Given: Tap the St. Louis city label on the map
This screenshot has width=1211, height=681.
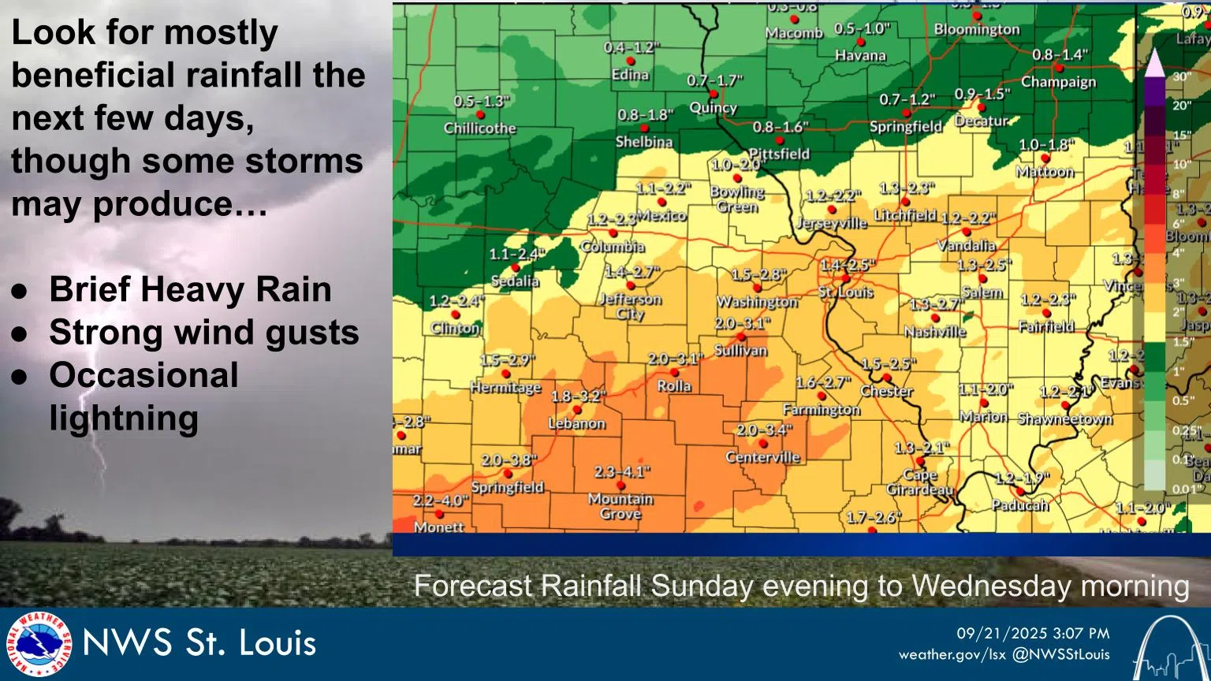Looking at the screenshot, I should point(845,292).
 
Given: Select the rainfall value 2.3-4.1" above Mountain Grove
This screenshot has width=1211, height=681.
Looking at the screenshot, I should point(622,472).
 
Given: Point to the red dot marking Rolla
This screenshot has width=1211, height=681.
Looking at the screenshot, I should point(675,373).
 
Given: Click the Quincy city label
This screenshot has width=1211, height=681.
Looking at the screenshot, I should point(713,108).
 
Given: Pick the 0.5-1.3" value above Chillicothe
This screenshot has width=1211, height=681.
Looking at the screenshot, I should point(481,102).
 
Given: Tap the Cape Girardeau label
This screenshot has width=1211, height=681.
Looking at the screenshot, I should point(919,482).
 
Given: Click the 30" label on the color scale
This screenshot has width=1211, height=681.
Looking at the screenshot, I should point(1181,76).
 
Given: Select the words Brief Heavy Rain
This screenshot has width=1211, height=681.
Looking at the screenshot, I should point(190,289).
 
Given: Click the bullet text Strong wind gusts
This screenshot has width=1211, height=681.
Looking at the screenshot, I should point(203,332).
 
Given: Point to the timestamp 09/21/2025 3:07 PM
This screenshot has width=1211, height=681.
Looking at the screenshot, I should point(1033,634).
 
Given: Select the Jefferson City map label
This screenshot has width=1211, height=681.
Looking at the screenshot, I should point(629,306).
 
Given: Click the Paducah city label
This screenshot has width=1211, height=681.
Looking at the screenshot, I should point(1019,505).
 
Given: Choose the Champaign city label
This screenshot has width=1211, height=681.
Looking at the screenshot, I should point(1058,82).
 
